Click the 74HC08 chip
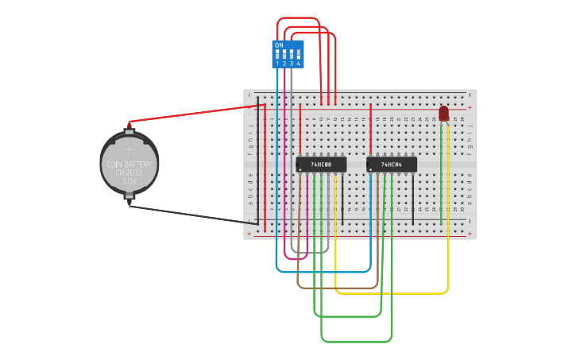[321, 164]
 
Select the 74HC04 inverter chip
[392, 164]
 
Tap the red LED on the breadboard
[443, 114]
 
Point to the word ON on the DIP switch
[279, 45]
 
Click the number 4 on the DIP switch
[299, 64]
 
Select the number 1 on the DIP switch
[277, 64]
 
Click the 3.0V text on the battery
[130, 182]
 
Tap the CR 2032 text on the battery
[130, 173]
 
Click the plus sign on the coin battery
[130, 149]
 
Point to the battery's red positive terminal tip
[130, 123]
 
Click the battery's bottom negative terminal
[130, 205]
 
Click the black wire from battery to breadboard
[191, 215]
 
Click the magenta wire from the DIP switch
[284, 159]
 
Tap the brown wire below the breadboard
[334, 288]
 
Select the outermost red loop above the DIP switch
[298, 17]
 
